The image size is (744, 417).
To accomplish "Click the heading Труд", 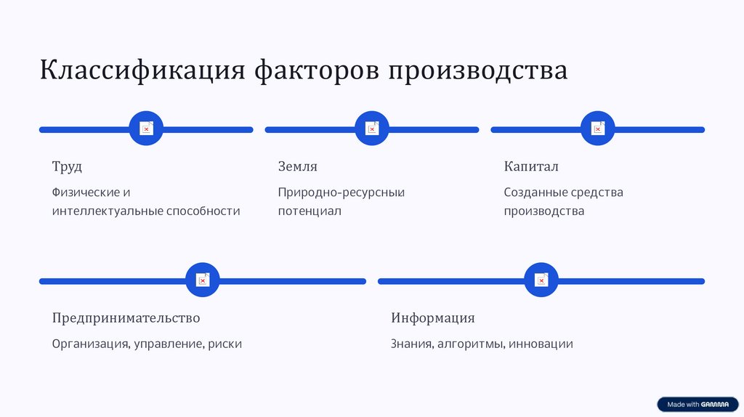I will [x=67, y=166].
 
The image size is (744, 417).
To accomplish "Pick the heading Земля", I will [x=298, y=166].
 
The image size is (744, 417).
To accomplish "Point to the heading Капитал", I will [x=531, y=166].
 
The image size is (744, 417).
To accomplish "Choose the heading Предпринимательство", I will [x=126, y=317].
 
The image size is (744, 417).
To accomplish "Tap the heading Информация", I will [x=433, y=317].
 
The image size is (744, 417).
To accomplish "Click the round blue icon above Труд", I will [x=146, y=129].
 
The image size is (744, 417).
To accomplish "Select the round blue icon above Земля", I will [x=372, y=129].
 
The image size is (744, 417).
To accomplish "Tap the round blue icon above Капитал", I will [x=598, y=129].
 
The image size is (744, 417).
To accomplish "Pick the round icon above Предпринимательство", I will [x=203, y=280].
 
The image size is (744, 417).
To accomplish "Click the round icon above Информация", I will [x=541, y=280].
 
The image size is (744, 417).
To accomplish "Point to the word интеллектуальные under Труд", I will [x=108, y=211].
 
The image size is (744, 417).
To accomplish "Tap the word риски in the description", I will [x=225, y=344].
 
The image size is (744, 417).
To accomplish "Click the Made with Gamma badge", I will [x=697, y=405].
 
